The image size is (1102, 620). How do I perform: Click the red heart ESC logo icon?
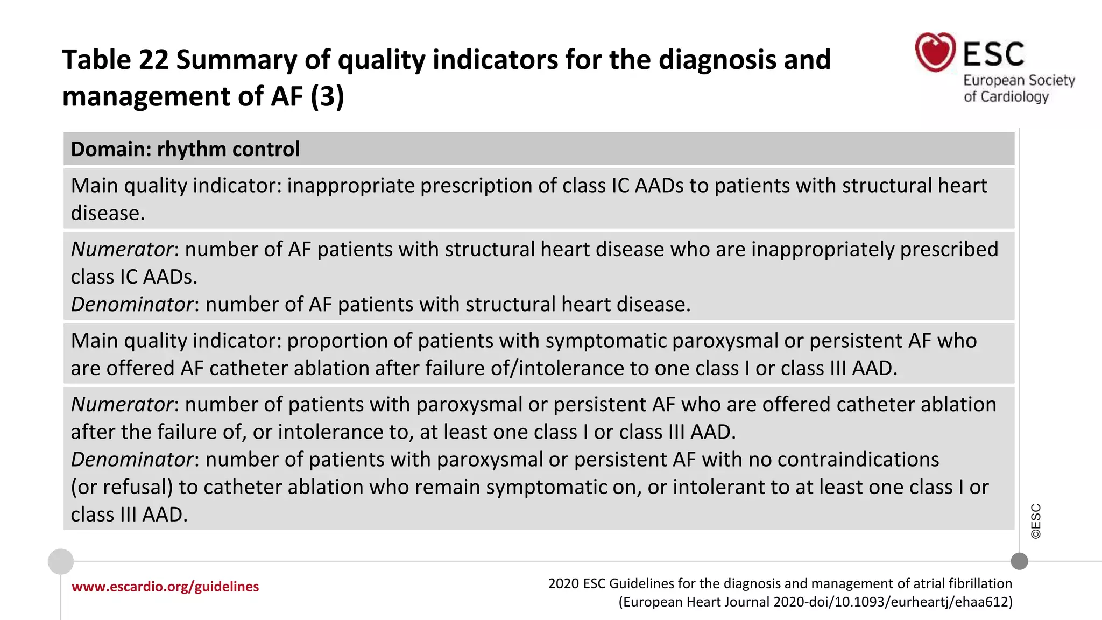click(935, 52)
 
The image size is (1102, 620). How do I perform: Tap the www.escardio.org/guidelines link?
click(165, 587)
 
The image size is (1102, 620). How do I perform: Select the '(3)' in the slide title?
click(327, 97)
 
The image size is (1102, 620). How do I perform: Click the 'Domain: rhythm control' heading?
click(185, 149)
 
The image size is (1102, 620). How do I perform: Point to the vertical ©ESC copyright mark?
click(1036, 521)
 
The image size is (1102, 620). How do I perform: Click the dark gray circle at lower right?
click(1019, 561)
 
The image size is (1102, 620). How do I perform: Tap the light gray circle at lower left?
click(61, 561)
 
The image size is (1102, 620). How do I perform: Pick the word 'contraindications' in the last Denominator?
click(858, 460)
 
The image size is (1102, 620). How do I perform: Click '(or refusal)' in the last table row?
click(122, 487)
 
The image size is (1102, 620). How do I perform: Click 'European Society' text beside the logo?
click(1019, 80)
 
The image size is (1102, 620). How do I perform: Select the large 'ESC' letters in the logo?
click(993, 54)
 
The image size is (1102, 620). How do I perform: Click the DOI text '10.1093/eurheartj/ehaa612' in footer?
click(923, 602)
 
